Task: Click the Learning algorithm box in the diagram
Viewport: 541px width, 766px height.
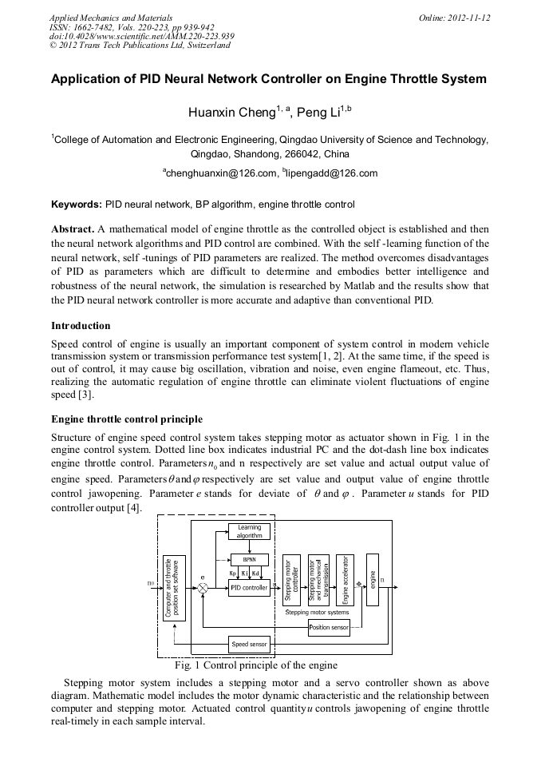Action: (x=249, y=532)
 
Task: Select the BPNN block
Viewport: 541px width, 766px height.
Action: (x=249, y=559)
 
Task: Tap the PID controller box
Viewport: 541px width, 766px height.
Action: (x=249, y=587)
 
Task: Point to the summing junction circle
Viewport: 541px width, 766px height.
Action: (x=203, y=588)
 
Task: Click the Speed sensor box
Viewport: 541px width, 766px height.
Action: (x=249, y=644)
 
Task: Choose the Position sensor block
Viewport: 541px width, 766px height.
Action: (x=329, y=628)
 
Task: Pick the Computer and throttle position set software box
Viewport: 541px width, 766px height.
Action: (x=173, y=587)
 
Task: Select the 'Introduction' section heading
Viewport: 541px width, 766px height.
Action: (x=81, y=326)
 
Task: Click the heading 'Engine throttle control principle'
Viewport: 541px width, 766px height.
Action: (x=127, y=419)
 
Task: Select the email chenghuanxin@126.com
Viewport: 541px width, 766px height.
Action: (x=217, y=173)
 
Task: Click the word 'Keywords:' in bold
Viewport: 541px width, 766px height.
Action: (x=77, y=204)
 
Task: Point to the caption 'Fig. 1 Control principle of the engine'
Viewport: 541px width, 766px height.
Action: (x=255, y=665)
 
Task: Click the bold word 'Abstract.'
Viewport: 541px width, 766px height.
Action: (x=73, y=228)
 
